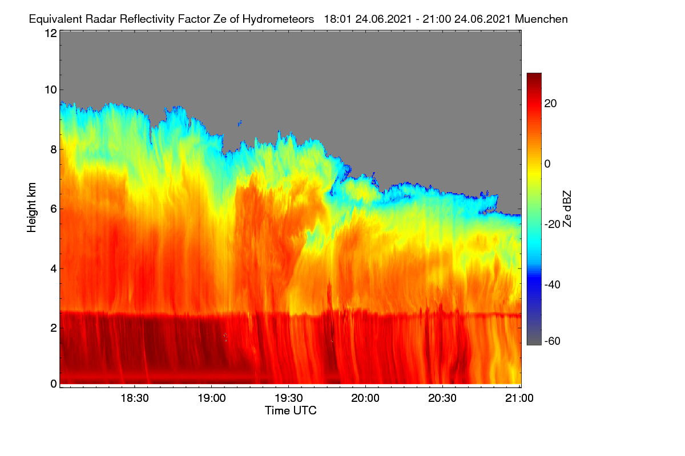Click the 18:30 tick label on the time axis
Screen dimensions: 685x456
click(x=135, y=398)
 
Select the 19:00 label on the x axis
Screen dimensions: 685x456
click(x=212, y=398)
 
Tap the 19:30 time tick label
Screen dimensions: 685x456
click(x=289, y=398)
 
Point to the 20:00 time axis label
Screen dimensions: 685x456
click(x=365, y=398)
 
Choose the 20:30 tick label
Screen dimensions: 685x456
click(x=442, y=398)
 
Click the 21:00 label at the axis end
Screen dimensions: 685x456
click(x=519, y=398)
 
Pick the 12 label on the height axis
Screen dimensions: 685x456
click(x=51, y=33)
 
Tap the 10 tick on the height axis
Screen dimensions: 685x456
click(x=51, y=90)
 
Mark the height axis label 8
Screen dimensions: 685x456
click(x=54, y=149)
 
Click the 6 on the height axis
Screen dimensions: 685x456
click(x=54, y=209)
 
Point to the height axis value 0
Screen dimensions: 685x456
click(x=54, y=384)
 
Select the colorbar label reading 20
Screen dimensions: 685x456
click(x=550, y=104)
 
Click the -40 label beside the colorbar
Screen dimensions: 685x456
click(x=553, y=284)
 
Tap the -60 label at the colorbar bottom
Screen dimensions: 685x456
click(x=553, y=341)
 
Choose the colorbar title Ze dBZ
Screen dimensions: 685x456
click(x=567, y=209)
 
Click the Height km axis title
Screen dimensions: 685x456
click(x=31, y=207)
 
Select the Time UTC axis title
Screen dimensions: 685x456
click(x=291, y=410)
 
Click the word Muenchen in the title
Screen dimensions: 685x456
click(x=541, y=19)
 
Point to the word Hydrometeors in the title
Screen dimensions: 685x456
click(x=279, y=19)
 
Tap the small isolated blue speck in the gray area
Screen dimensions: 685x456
click(x=240, y=123)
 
